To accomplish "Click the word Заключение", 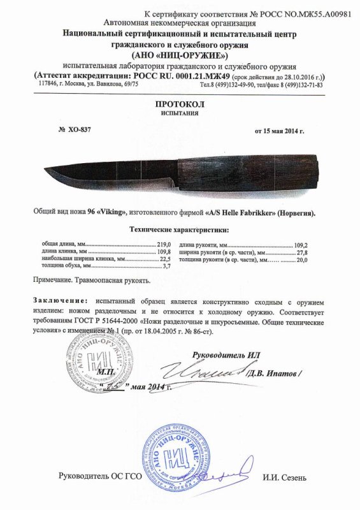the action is (x=58, y=300).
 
